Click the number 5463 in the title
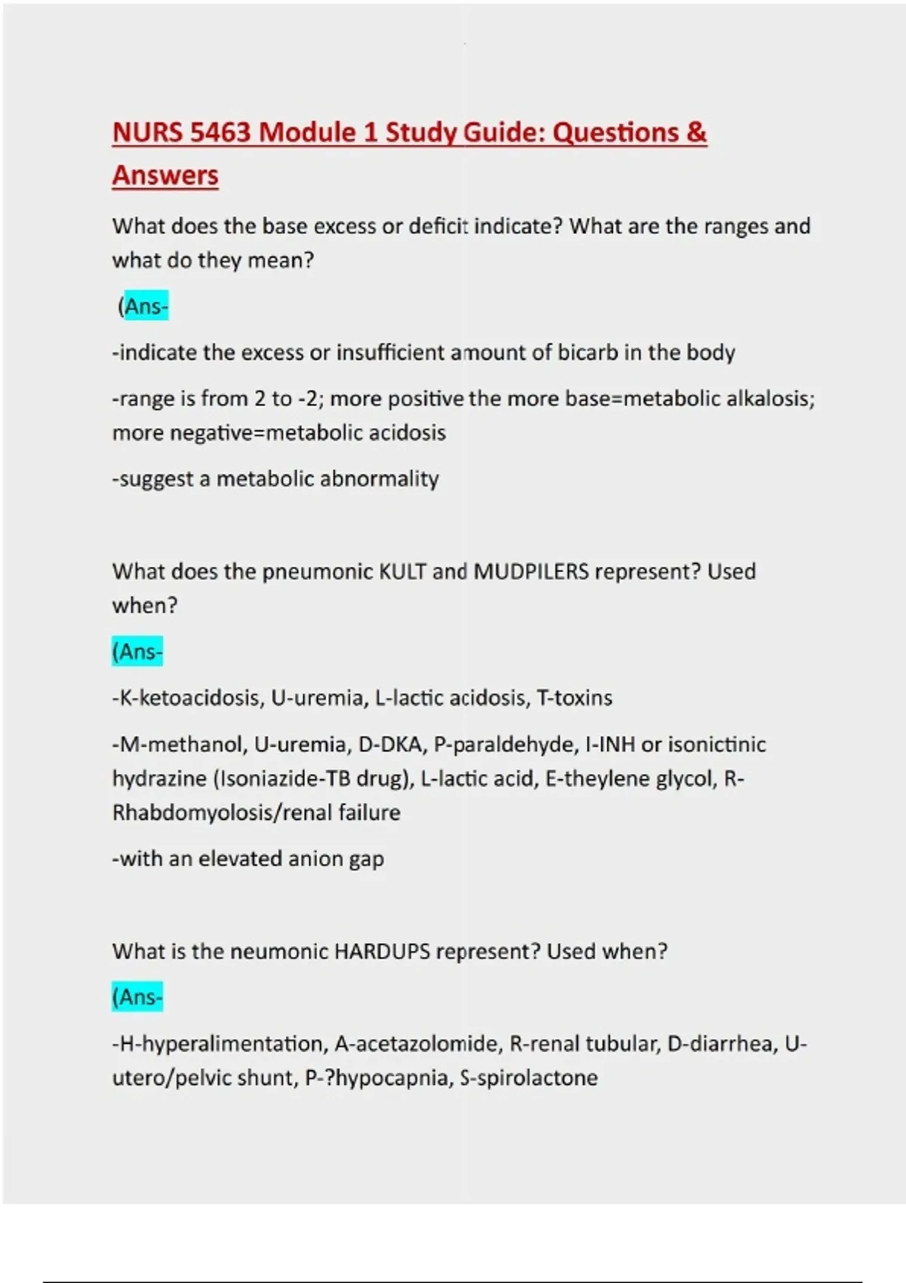pos(220,133)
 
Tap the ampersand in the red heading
pos(697,133)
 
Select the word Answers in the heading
pos(165,176)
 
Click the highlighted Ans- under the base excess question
pos(146,306)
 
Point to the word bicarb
pos(587,352)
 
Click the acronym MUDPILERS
pos(531,571)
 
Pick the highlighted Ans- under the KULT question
pos(137,652)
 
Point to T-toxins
pos(574,698)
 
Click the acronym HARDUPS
pos(382,951)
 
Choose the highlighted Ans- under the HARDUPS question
pos(137,998)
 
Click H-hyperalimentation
pos(220,1044)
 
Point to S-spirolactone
pos(528,1078)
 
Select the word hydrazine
pos(159,779)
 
